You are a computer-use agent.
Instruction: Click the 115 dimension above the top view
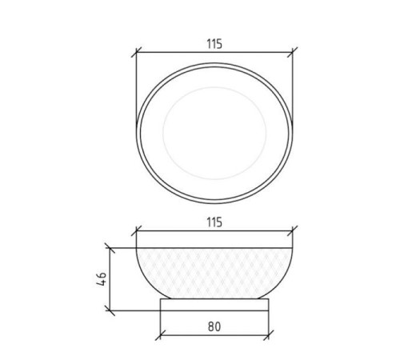click(x=214, y=44)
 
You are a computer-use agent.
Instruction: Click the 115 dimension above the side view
click(x=214, y=222)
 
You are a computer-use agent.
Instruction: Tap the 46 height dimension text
click(x=102, y=279)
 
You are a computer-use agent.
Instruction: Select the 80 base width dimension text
click(x=214, y=326)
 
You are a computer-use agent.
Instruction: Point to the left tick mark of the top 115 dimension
click(x=136, y=53)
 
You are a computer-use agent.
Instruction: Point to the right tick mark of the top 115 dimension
click(x=293, y=52)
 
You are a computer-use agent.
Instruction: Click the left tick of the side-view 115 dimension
click(x=136, y=231)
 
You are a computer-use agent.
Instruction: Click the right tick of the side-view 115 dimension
click(x=293, y=231)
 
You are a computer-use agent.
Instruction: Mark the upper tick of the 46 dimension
click(x=110, y=248)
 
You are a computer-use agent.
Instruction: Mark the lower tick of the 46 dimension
click(x=110, y=310)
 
